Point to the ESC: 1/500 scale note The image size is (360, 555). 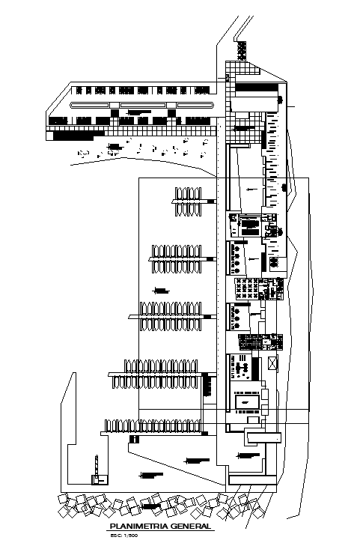pyautogui.click(x=124, y=537)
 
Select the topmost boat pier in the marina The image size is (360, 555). pyautogui.click(x=190, y=200)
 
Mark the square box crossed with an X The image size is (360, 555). pyautogui.click(x=272, y=363)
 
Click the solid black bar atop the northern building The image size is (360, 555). pyautogui.click(x=255, y=88)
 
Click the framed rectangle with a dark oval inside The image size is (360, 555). pyautogui.click(x=247, y=404)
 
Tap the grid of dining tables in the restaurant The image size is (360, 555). pyautogui.click(x=247, y=288)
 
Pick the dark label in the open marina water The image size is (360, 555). pyautogui.click(x=160, y=288)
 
